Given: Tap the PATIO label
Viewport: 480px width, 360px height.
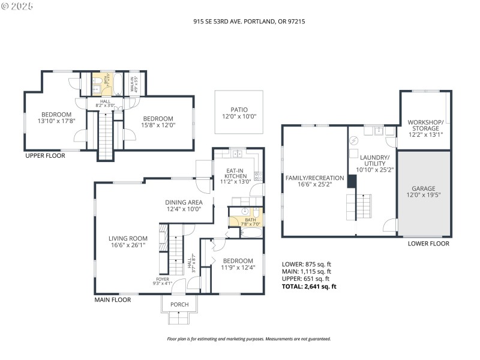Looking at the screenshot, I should click(239, 110).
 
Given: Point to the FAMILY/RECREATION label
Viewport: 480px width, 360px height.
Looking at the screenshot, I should click(314, 178).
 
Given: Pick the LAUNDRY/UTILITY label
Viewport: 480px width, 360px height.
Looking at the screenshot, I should click(373, 160).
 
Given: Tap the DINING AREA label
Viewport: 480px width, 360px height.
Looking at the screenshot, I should click(184, 202).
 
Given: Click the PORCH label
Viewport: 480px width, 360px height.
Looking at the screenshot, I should click(179, 305).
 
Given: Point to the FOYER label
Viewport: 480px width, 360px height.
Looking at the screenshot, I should click(162, 279).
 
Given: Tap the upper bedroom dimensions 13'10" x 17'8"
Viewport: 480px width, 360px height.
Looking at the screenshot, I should click(56, 121).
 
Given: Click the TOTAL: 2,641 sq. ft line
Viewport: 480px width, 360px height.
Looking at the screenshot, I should click(309, 286).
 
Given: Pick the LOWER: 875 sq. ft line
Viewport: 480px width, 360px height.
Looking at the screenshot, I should click(306, 264).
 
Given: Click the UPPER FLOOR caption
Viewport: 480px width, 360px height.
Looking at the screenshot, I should click(45, 155).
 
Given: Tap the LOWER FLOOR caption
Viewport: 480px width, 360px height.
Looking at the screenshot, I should click(428, 244).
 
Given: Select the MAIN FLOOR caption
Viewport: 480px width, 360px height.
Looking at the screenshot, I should click(113, 299).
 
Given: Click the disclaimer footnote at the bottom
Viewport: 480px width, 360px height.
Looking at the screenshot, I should click(248, 339).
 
